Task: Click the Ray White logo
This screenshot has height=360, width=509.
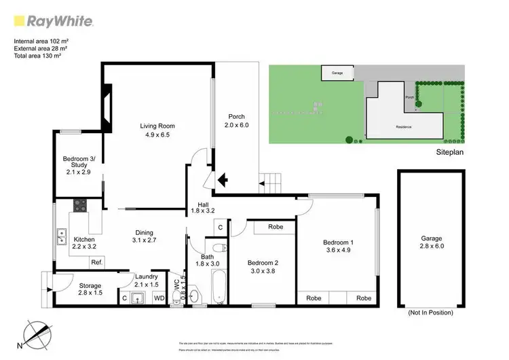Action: pyautogui.click(x=54, y=21)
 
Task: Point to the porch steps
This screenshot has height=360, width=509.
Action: pyautogui.click(x=271, y=182)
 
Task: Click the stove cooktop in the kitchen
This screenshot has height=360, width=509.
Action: pyautogui.click(x=80, y=203)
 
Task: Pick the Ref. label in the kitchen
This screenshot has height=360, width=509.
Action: pyautogui.click(x=96, y=262)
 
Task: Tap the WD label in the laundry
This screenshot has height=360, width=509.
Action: pyautogui.click(x=159, y=297)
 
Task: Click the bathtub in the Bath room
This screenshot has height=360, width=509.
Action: pyautogui.click(x=219, y=288)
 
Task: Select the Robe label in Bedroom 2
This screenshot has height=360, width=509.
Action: pyautogui.click(x=275, y=227)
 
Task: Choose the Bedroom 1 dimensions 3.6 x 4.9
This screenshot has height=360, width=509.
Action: pyautogui.click(x=337, y=250)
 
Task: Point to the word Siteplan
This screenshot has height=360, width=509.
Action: pyautogui.click(x=449, y=153)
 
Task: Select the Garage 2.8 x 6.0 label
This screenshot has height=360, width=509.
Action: pyautogui.click(x=431, y=242)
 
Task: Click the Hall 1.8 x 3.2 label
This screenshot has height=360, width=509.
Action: pyautogui.click(x=203, y=208)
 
